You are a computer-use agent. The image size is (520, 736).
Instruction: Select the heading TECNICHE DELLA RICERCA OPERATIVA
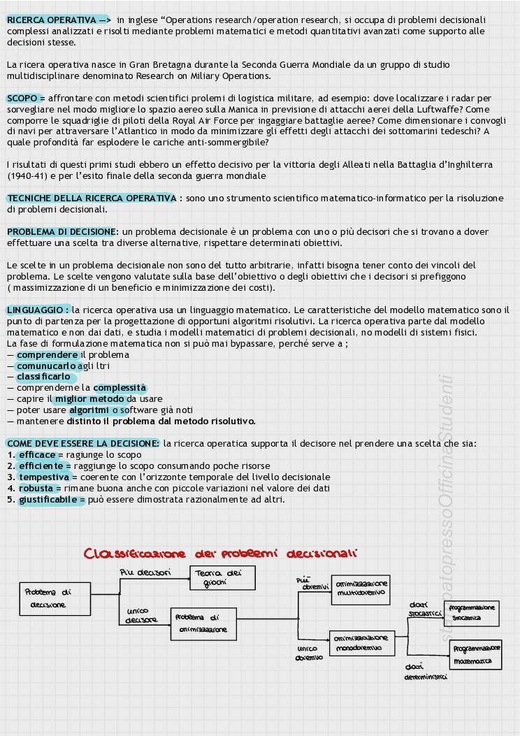(x=91, y=199)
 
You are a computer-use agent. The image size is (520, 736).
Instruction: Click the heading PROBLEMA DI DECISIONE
(x=61, y=232)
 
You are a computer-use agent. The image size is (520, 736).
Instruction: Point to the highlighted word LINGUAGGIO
(x=37, y=310)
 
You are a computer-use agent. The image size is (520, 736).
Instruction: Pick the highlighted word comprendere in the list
(x=47, y=355)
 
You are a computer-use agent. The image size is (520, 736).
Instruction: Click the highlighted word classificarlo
(x=43, y=377)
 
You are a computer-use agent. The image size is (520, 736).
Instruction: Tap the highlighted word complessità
(x=120, y=388)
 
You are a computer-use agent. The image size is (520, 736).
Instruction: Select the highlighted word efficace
(x=37, y=455)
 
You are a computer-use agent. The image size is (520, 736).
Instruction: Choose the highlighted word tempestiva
(x=44, y=477)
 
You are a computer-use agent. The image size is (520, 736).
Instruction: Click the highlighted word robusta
(x=36, y=489)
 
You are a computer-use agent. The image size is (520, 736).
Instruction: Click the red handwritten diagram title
(x=221, y=554)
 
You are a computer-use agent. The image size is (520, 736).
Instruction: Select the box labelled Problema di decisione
(x=55, y=598)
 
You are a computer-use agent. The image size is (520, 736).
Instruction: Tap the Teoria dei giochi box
(x=222, y=578)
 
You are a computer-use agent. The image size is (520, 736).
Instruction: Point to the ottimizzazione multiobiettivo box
(x=361, y=589)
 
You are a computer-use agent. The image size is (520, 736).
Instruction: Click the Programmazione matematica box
(x=475, y=655)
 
